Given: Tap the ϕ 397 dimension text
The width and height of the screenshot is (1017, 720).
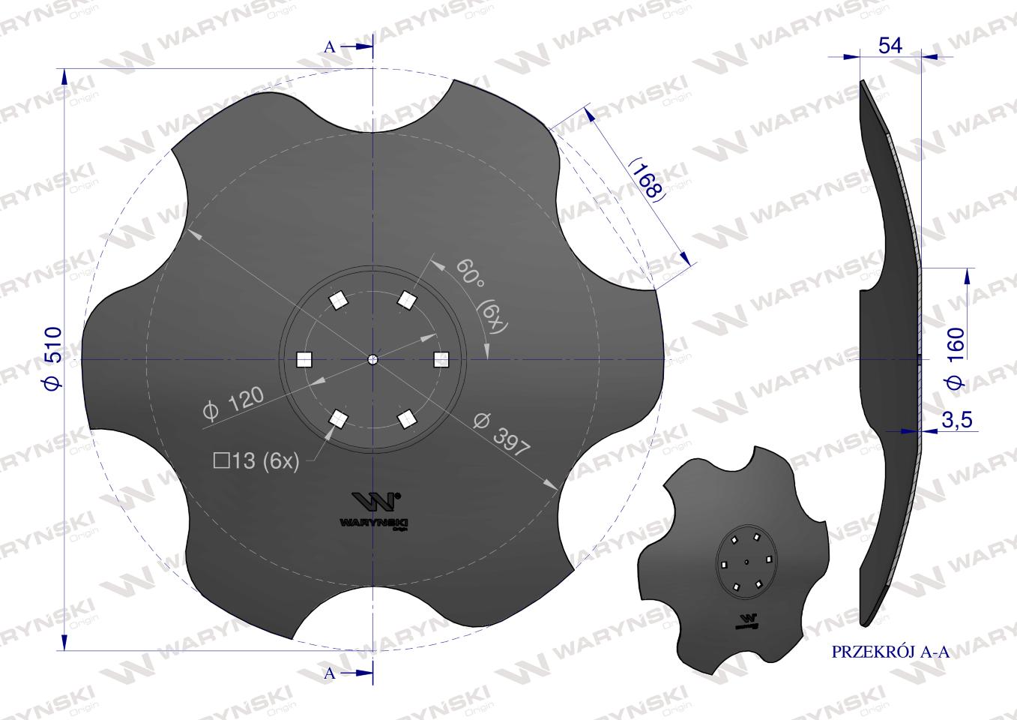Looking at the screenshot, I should click(502, 434).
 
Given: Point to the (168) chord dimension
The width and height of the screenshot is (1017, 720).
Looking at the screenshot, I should click(645, 180).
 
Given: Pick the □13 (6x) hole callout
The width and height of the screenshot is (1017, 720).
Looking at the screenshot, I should click(256, 462).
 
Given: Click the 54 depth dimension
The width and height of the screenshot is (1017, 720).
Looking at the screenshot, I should click(890, 46).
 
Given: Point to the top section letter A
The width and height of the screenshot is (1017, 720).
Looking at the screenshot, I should click(329, 46).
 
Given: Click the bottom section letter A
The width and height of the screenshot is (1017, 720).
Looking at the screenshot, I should click(329, 673).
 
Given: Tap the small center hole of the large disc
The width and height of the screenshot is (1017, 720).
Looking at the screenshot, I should click(373, 360).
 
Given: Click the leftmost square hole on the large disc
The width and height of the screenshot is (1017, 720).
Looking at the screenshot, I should click(304, 360).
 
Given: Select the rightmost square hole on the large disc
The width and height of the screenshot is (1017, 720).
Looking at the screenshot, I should click(442, 360).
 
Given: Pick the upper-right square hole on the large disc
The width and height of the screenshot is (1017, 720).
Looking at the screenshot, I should click(407, 301).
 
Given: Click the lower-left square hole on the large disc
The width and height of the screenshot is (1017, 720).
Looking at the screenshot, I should click(339, 418).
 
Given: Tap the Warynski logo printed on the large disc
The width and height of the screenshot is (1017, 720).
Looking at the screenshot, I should click(375, 511).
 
